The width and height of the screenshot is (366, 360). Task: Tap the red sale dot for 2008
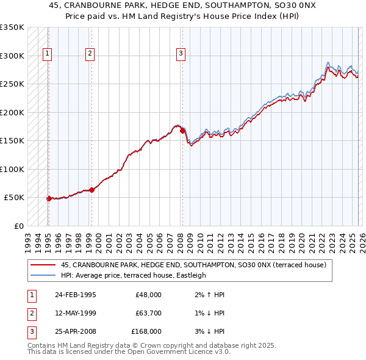182,130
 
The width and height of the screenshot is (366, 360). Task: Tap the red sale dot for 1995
49,198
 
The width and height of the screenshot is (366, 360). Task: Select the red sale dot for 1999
91,190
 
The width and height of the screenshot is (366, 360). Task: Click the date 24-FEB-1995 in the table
75,295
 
